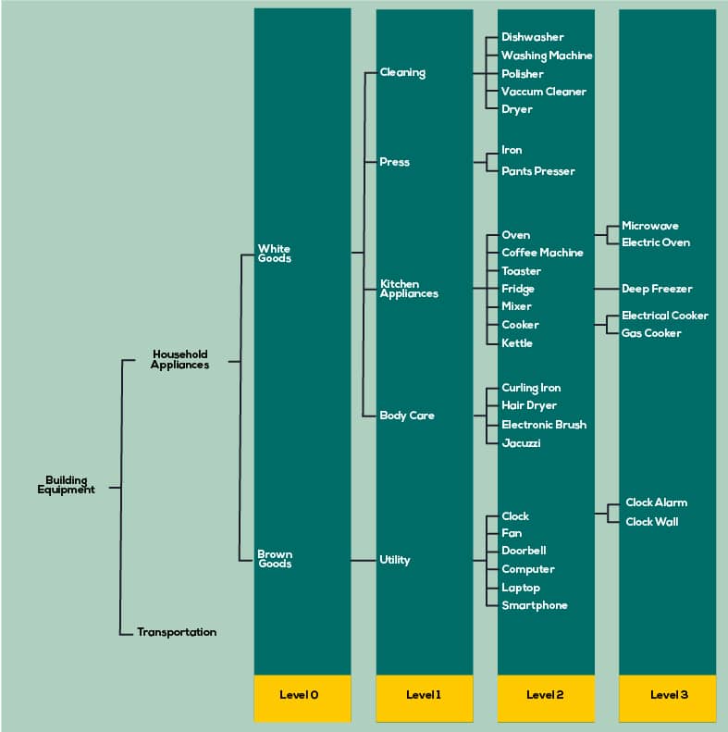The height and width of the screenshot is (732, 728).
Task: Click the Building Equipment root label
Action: coord(66,485)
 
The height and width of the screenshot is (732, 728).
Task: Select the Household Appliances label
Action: coord(179,359)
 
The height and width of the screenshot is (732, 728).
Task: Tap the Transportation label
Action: coord(177,632)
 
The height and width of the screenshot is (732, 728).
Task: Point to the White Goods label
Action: coord(275,254)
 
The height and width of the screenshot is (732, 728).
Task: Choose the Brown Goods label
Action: coord(275,559)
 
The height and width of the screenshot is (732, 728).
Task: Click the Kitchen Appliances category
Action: coord(409,289)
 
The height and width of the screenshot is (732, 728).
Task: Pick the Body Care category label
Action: coord(407,416)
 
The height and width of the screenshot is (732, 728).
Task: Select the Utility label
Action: coord(395,560)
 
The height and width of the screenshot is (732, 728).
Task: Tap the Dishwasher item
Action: coord(533,37)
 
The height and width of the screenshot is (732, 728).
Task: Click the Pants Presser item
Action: coord(538,171)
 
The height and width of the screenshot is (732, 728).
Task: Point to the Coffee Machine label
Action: coord(542,253)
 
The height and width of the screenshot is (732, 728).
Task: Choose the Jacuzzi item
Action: coord(521,443)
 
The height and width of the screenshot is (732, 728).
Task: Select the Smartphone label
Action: coord(535,605)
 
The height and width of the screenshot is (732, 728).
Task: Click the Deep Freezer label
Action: coord(657,289)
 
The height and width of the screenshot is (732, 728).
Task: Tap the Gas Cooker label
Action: coord(651,333)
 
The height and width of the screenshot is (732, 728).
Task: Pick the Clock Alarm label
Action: coord(656,502)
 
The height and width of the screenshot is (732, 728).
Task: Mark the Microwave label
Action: coord(650,226)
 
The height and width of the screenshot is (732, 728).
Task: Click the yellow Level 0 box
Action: coord(302,699)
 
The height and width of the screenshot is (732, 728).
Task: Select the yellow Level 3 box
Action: coord(667,699)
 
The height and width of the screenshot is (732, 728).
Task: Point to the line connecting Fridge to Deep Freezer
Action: coord(607,289)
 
